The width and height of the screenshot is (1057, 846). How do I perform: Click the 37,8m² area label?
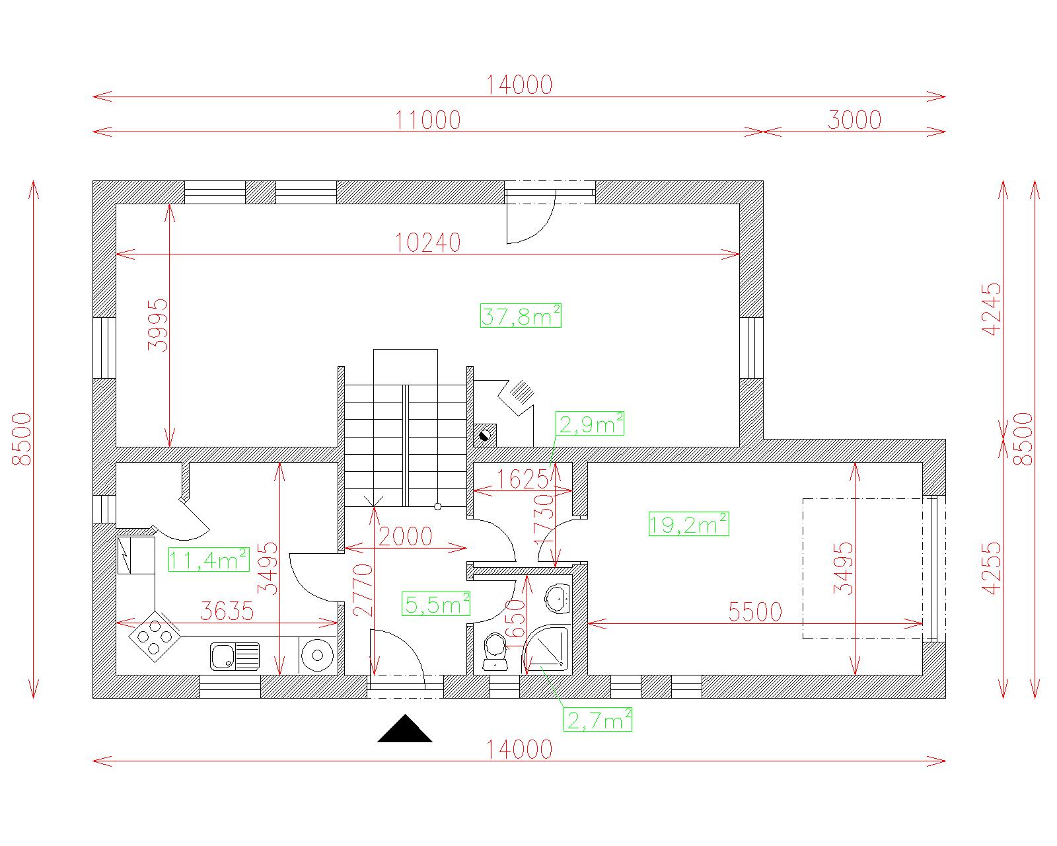[x=521, y=315]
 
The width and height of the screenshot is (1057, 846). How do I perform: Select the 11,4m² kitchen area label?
[x=209, y=559]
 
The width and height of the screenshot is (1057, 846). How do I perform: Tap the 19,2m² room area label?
[x=688, y=523]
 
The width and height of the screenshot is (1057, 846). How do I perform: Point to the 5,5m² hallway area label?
[x=436, y=603]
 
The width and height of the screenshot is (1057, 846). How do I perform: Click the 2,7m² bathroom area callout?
[x=597, y=719]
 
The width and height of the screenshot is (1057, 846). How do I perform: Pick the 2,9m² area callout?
[x=590, y=423]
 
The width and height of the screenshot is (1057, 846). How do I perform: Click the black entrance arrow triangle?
[x=405, y=728]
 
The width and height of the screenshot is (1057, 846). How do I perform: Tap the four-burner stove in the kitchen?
[x=155, y=636]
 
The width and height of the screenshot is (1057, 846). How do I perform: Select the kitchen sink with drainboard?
[x=235, y=656]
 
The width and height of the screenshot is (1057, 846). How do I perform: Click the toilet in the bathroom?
[x=495, y=651]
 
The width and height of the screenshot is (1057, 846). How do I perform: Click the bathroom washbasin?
[x=558, y=599]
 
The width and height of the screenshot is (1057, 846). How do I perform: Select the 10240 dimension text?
[x=428, y=243]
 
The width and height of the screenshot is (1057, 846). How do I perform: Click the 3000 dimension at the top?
[x=855, y=120]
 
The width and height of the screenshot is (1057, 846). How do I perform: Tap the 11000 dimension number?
[x=428, y=120]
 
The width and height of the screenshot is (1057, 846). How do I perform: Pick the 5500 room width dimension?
[x=755, y=612]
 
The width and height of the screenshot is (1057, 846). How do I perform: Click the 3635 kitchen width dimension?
[x=227, y=611]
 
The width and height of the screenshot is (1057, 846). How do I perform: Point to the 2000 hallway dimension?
[x=405, y=536]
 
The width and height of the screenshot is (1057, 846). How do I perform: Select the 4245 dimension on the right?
[x=991, y=309]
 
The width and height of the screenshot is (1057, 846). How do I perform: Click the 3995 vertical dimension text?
[x=158, y=325]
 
